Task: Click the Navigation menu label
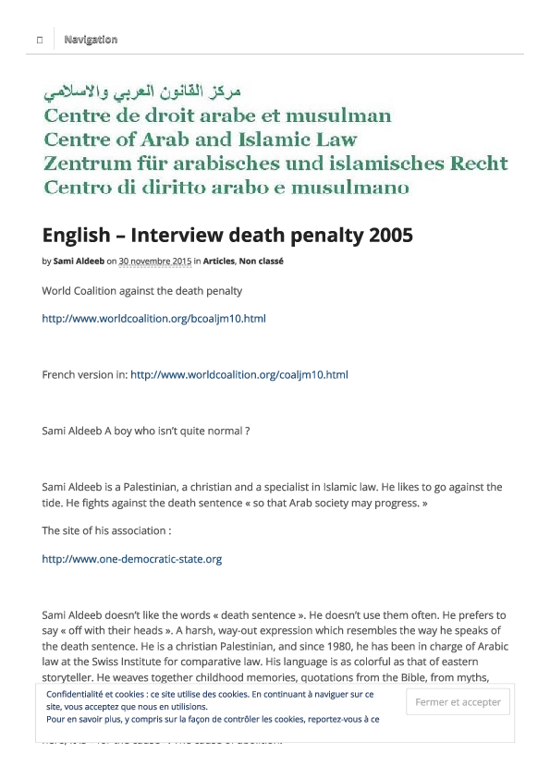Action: pos(91,40)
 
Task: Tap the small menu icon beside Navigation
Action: pos(39,40)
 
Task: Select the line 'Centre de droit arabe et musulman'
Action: pos(217,116)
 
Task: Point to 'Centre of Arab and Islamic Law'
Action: pos(200,140)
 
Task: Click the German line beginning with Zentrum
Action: pos(275,164)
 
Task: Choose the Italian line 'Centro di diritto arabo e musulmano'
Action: pos(226,188)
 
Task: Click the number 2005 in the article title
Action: pos(389,236)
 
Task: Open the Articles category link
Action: pos(218,261)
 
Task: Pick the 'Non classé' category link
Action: pos(262,261)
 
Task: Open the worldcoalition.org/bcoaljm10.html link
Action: pos(153,319)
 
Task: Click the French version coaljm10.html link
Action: pos(238,374)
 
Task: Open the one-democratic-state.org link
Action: pos(131,559)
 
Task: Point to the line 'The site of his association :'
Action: pos(106,530)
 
